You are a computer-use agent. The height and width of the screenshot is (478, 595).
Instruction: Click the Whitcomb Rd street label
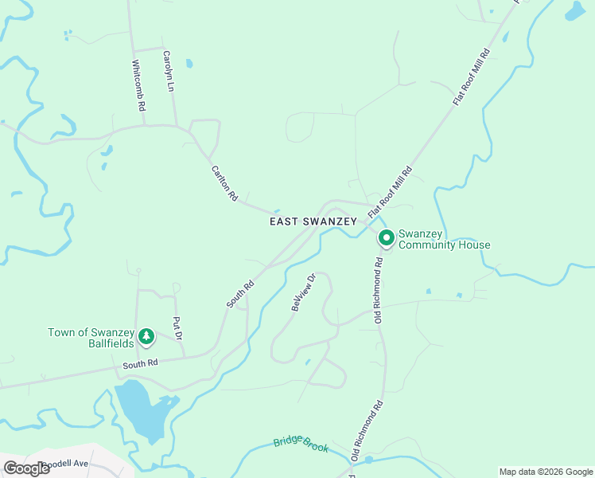(139, 85)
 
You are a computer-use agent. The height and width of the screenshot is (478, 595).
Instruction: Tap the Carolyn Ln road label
(168, 72)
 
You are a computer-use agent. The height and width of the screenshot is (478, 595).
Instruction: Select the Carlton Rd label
(224, 182)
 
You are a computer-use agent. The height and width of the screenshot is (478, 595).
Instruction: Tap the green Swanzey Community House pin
(387, 238)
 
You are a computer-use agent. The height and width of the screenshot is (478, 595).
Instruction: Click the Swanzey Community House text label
(444, 239)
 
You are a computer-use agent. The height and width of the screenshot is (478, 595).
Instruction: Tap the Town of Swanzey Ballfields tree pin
(146, 337)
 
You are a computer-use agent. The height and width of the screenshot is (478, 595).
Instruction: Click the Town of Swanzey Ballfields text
(90, 338)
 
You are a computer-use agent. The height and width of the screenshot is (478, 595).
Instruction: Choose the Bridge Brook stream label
(301, 445)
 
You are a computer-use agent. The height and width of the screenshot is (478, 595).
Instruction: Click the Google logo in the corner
(26, 468)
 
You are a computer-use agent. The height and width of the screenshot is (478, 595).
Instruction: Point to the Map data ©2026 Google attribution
(546, 472)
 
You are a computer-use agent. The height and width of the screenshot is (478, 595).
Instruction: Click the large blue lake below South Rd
(142, 408)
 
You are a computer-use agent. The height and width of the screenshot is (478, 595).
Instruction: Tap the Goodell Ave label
(68, 464)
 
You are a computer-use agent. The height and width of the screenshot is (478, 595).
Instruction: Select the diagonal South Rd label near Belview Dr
(239, 293)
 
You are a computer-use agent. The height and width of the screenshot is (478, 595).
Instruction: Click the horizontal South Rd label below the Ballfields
(140, 363)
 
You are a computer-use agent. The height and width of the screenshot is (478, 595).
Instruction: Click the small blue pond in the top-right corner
(574, 11)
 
